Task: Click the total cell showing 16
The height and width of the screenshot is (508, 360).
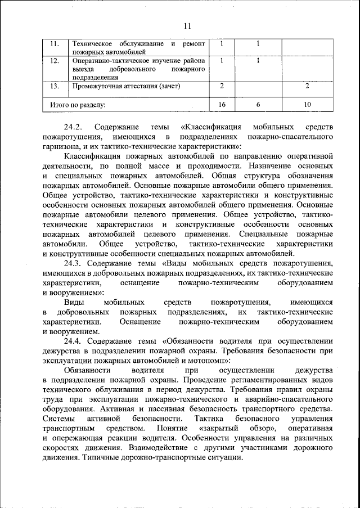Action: coord(222,105)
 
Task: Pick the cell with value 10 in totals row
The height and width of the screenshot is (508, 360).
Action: coord(307,105)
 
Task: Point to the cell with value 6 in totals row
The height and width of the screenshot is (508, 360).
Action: coord(258,105)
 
